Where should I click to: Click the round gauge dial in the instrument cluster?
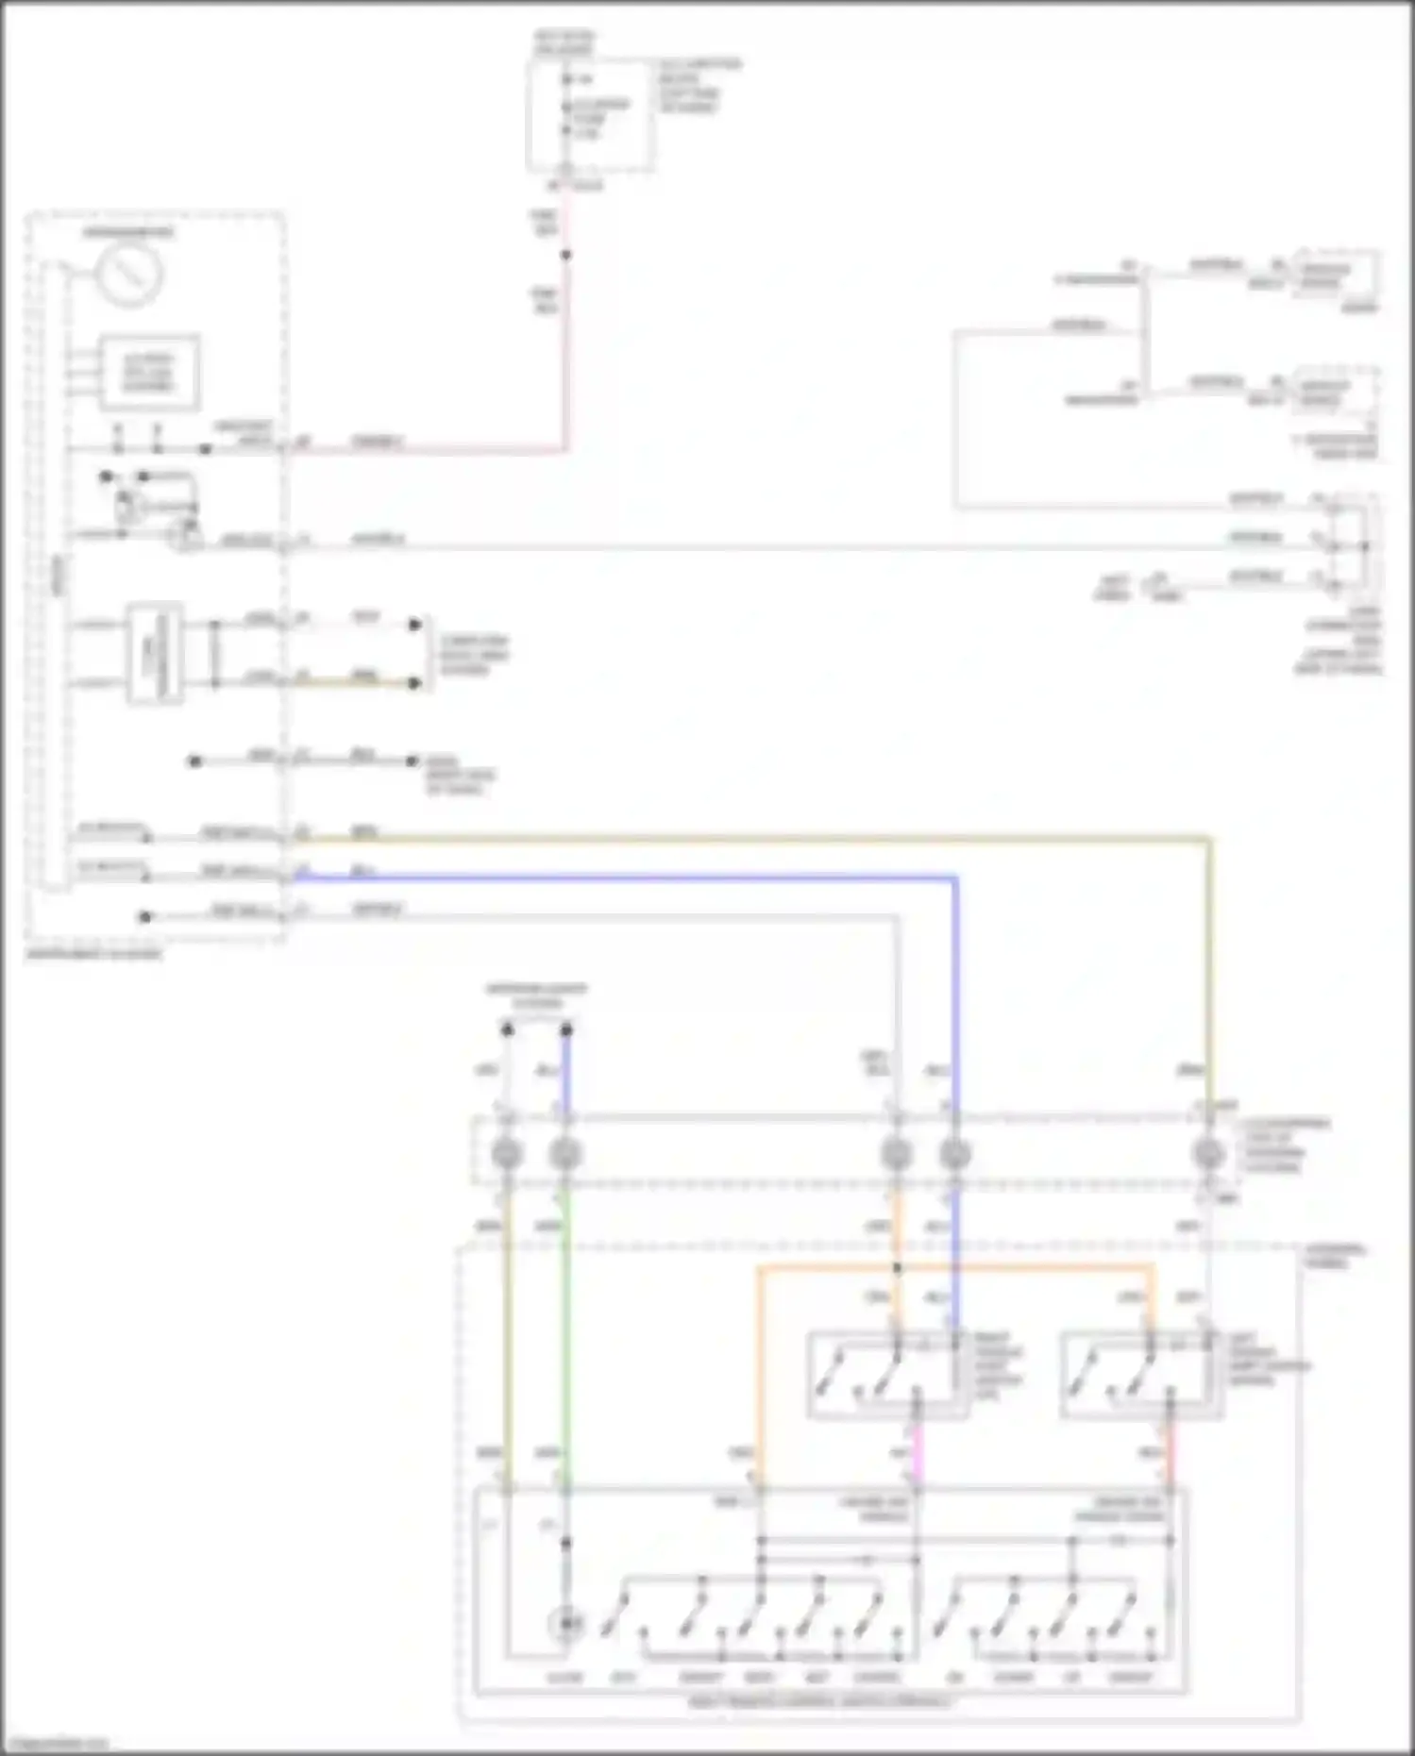point(129,274)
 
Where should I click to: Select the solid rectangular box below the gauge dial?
point(149,373)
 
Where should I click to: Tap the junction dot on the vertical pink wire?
point(566,255)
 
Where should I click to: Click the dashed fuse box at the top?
point(590,115)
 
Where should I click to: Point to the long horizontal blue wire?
point(623,878)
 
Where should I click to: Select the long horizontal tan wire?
point(755,837)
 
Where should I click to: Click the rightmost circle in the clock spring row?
point(1208,1153)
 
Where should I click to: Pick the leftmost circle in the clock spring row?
point(507,1153)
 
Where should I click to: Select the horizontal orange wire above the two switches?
point(953,1267)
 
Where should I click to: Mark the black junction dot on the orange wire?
point(897,1267)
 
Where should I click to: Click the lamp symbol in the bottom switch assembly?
point(565,1623)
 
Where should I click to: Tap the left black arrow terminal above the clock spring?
point(507,1029)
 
